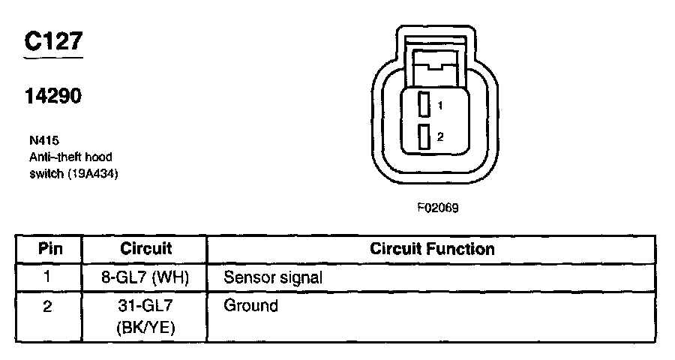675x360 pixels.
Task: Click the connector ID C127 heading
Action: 52,42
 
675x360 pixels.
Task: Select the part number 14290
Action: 52,96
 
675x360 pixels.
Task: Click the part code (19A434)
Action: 94,173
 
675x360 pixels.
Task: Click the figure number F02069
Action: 437,208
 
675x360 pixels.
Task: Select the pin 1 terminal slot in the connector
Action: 424,104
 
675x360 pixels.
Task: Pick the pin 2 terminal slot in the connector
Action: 424,137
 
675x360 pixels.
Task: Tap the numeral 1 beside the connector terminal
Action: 440,106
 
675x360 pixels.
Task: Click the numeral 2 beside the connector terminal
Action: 440,137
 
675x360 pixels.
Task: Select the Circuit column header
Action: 145,249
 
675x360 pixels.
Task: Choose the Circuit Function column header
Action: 432,249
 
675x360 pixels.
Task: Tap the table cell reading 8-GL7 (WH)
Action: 145,277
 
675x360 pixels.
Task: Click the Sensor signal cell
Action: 273,277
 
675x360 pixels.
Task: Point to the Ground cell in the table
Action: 250,305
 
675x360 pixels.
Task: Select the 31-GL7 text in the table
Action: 145,306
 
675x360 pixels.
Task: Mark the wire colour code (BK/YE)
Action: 145,327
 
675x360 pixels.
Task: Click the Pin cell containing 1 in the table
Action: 49,277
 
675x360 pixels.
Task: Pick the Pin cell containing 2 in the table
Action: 49,306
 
